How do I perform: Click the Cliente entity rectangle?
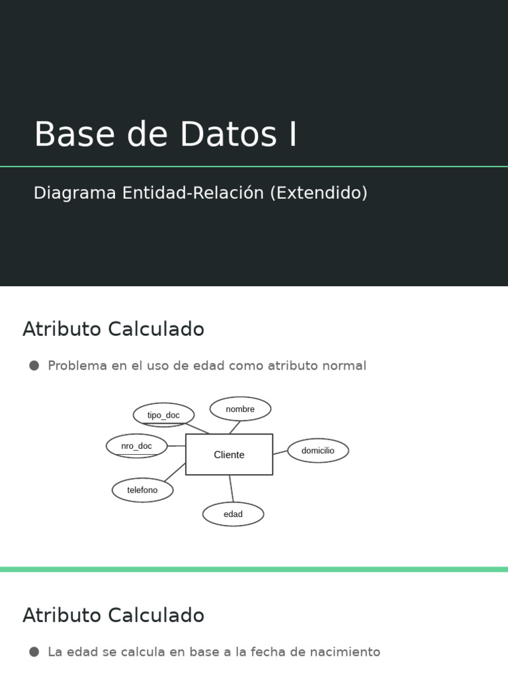[229, 454]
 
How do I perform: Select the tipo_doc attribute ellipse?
[163, 415]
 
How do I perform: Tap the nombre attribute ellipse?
[240, 409]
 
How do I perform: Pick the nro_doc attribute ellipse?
[136, 446]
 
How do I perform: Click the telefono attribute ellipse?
[142, 490]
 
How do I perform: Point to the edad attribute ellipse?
[233, 514]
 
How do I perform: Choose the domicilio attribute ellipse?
[317, 451]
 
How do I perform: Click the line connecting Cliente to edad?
[231, 489]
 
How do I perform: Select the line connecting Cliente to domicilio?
[280, 453]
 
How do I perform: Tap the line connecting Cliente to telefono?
[175, 472]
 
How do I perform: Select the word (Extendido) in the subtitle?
[318, 193]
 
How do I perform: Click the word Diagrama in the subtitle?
[74, 193]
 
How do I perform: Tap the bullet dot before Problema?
[34, 366]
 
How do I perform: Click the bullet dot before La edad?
[34, 652]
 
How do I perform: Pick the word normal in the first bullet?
[343, 366]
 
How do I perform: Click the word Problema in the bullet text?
[77, 366]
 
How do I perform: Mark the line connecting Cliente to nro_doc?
[176, 446]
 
